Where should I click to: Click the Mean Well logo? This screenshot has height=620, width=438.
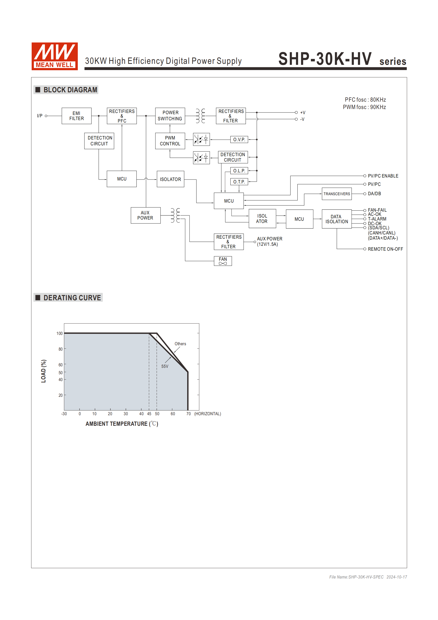(x=54, y=56)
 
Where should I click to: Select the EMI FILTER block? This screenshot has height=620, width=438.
(x=76, y=116)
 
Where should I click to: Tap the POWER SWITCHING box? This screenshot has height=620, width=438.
(x=170, y=116)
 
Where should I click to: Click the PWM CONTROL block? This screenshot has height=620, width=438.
(x=170, y=141)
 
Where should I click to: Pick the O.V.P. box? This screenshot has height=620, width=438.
(x=239, y=140)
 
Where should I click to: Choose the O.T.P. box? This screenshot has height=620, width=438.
(x=239, y=182)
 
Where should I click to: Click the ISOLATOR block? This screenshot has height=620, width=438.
(x=170, y=179)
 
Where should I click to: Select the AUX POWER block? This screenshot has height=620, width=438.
(x=146, y=215)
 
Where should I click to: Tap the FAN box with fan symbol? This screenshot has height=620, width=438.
(x=223, y=261)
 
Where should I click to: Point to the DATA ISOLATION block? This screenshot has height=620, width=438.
(x=336, y=219)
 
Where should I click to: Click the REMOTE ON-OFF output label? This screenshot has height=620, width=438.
(x=385, y=249)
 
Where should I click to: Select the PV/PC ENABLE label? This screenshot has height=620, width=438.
(x=383, y=176)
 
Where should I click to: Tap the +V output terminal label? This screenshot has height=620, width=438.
(x=303, y=113)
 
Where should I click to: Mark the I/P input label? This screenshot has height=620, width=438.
(x=40, y=116)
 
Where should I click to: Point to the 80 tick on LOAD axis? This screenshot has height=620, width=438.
(x=60, y=349)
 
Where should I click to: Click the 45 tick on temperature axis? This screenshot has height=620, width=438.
(x=149, y=414)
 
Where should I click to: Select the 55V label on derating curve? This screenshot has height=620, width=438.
(x=165, y=366)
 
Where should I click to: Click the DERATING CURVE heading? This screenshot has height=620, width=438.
(x=72, y=298)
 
